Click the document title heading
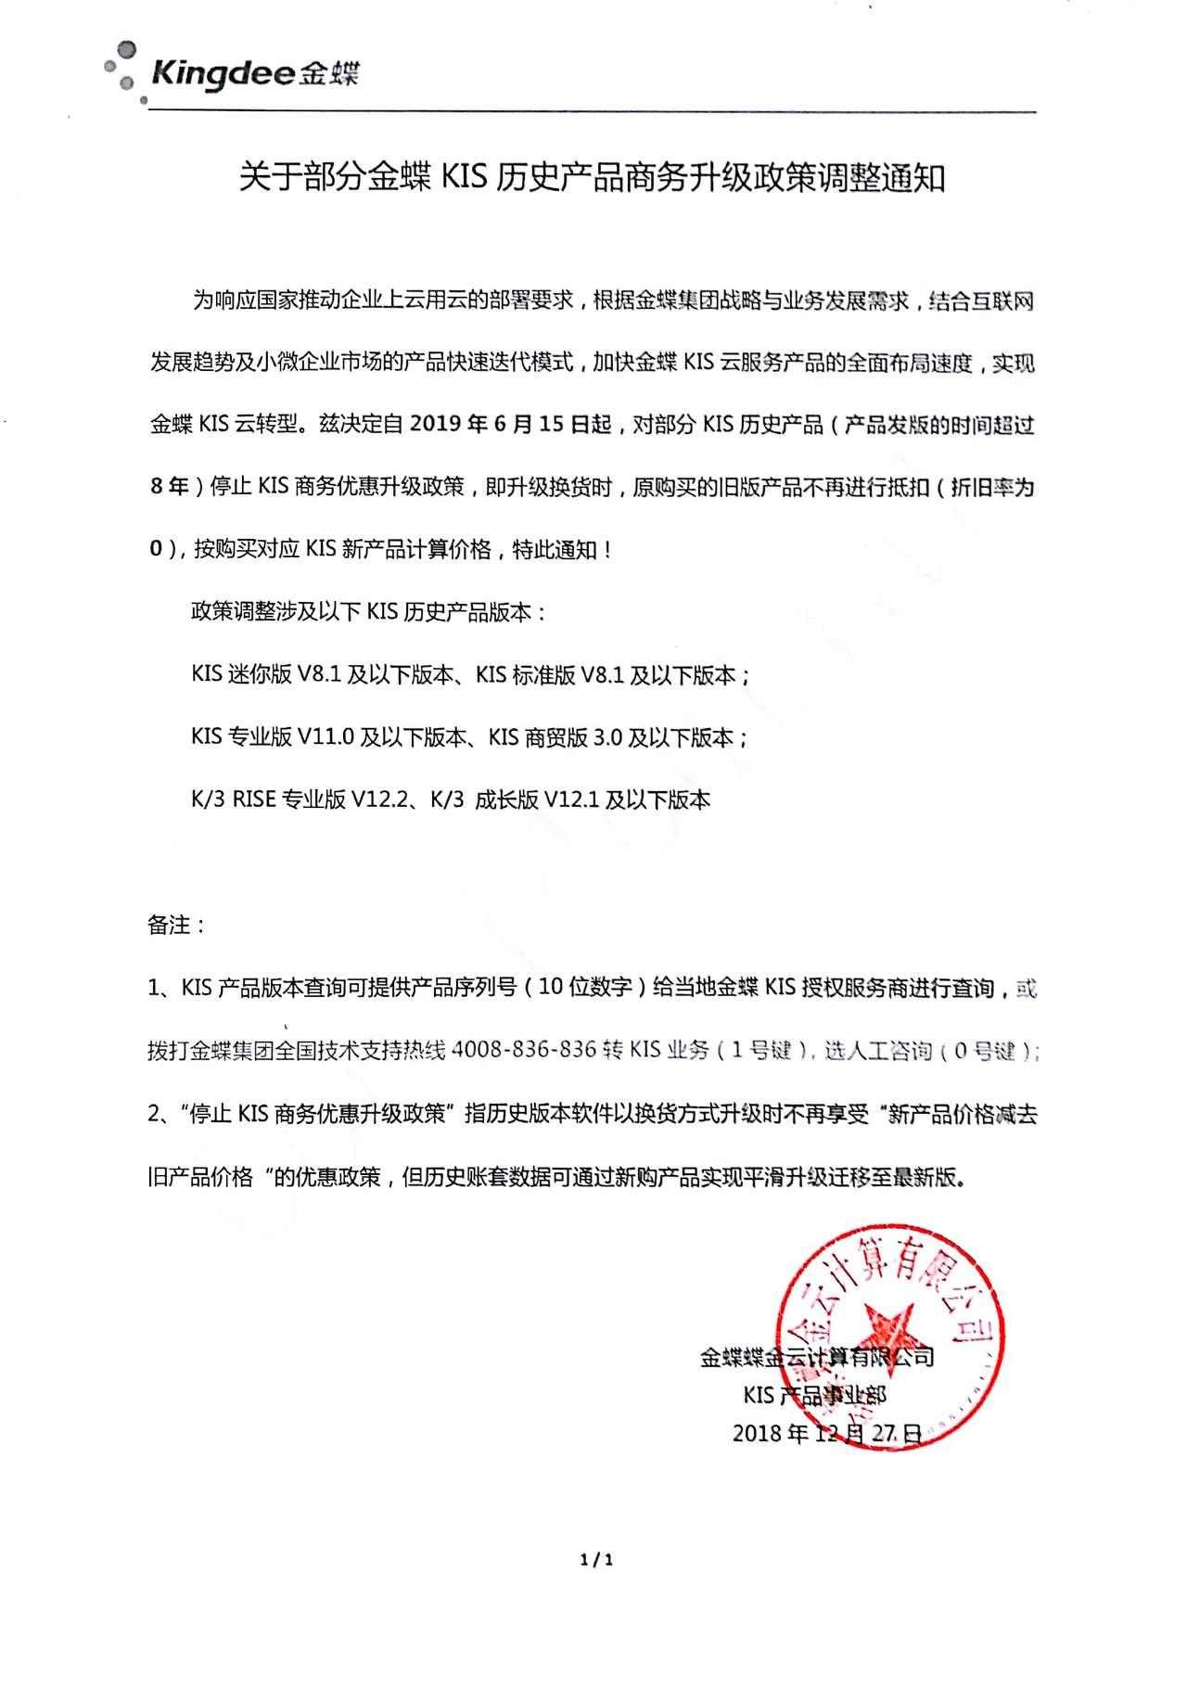click(592, 177)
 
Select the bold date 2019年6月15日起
click(511, 425)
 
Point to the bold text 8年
click(169, 486)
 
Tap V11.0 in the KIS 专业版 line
click(325, 737)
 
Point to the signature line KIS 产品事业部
click(814, 1395)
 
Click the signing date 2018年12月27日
click(827, 1432)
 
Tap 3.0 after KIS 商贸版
click(607, 737)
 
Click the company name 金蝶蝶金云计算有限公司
click(816, 1358)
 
